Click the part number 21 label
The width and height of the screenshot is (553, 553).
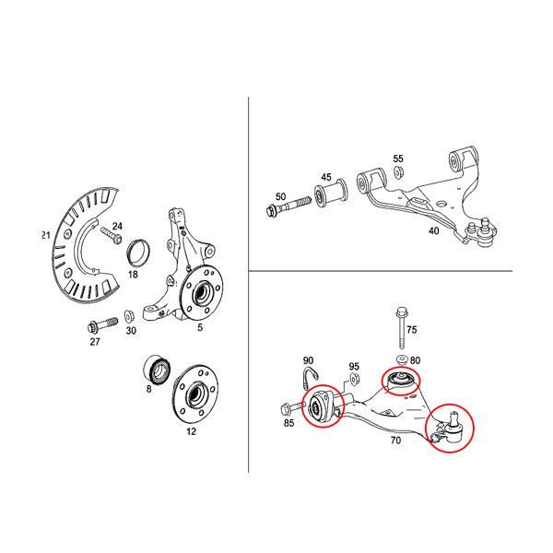[46, 235]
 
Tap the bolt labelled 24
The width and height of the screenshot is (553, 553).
[112, 234]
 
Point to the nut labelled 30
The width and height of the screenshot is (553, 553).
[129, 315]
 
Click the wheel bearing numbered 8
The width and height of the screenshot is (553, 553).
[158, 370]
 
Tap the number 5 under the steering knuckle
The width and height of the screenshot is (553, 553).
[200, 327]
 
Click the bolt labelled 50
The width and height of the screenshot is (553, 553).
[288, 207]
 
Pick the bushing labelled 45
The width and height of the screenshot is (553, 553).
[331, 194]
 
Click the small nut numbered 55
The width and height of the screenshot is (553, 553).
[399, 172]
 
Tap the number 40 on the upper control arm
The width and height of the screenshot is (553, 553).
[433, 231]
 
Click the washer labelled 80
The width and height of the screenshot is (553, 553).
[402, 360]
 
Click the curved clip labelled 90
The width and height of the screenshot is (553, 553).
[311, 375]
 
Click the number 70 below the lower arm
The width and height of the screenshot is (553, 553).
[395, 441]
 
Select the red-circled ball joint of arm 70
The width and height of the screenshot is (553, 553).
[453, 428]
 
